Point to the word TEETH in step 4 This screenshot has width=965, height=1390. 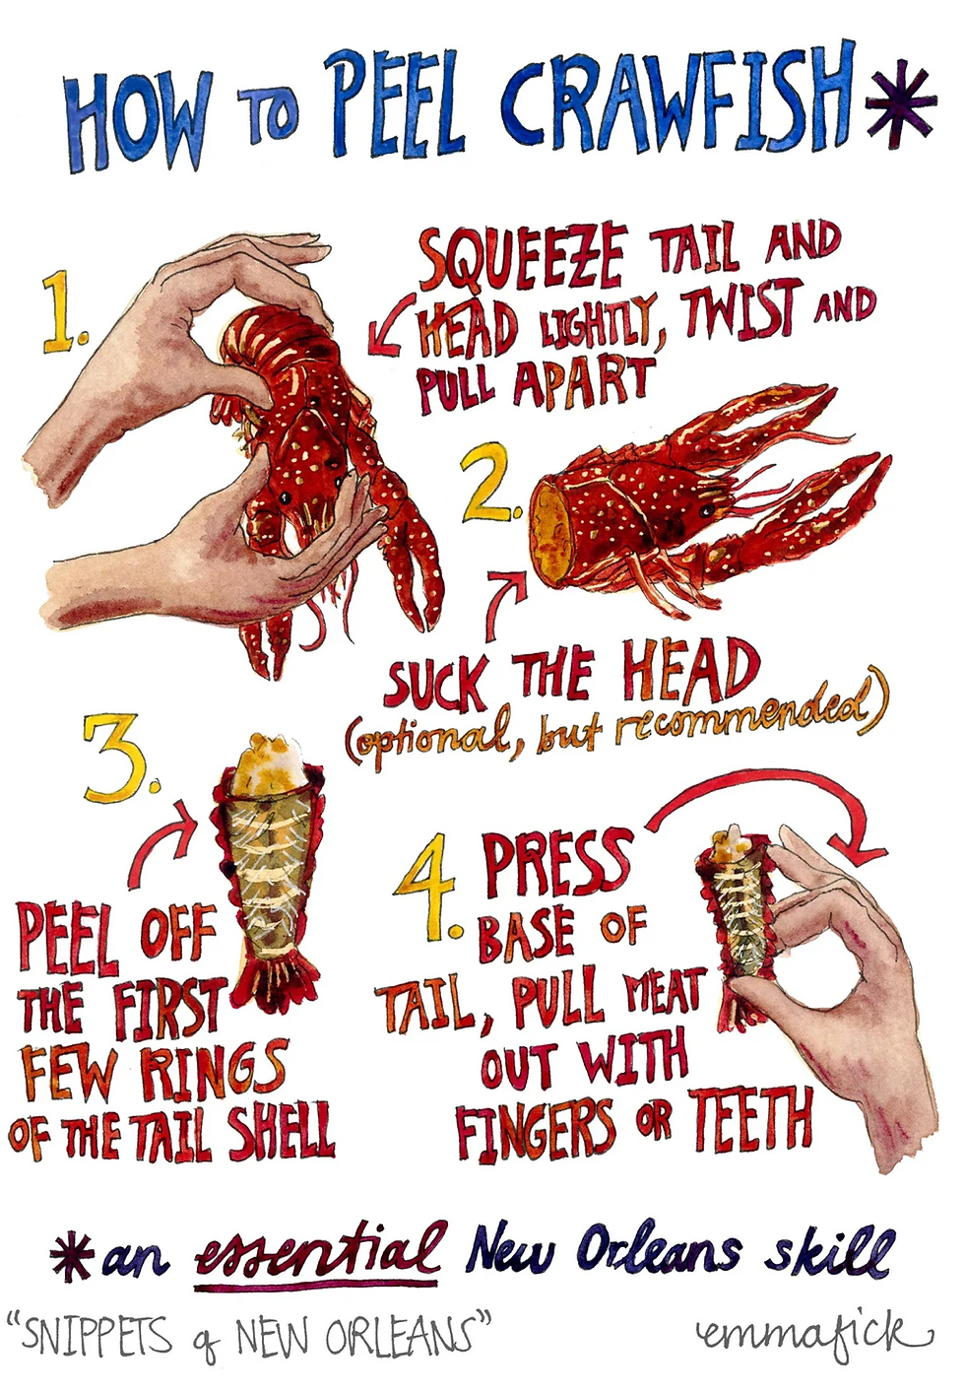[x=750, y=1122]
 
